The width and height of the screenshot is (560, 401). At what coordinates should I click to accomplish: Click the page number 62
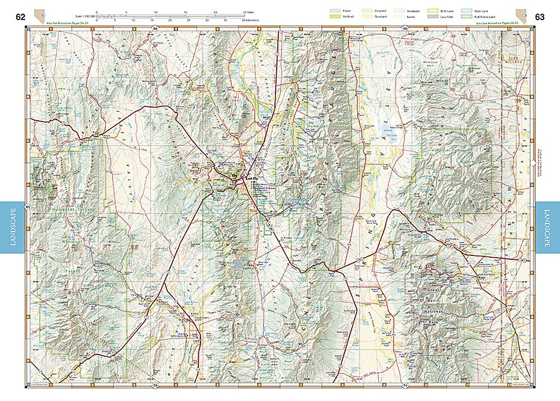click(21, 17)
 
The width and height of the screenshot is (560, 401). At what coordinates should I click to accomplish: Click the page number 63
click(540, 17)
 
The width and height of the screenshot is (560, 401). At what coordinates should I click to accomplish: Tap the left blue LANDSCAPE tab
click(12, 227)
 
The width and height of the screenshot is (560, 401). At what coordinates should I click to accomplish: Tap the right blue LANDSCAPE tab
click(548, 227)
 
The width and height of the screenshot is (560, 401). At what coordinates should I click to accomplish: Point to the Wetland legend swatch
click(338, 17)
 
